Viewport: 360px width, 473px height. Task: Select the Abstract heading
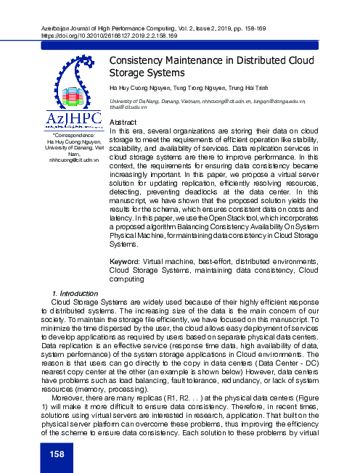click(x=123, y=122)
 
